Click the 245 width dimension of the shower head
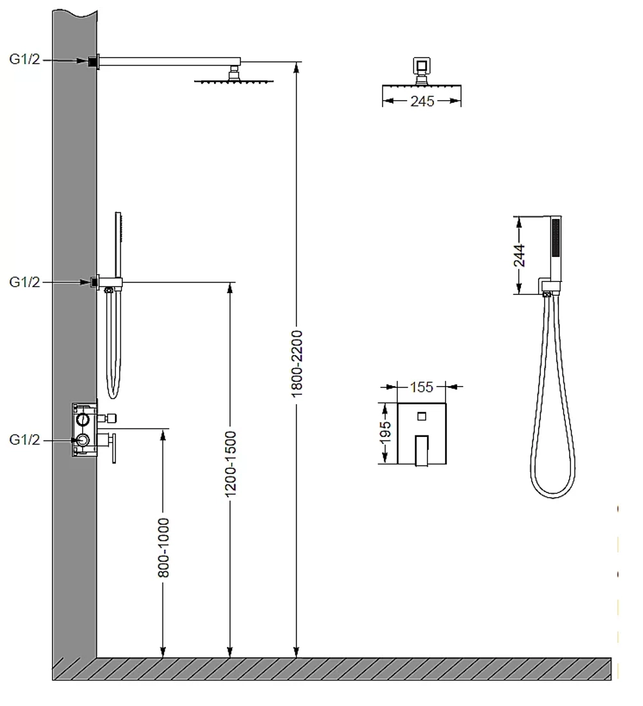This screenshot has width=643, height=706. [422, 101]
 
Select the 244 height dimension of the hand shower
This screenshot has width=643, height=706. [519, 255]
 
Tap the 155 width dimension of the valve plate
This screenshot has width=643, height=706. [421, 387]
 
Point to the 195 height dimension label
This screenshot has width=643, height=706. [385, 433]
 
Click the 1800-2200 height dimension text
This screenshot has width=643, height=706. [296, 364]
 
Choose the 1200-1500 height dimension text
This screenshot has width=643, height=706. [230, 464]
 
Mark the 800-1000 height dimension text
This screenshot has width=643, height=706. [163, 547]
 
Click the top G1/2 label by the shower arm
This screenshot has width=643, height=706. [24, 59]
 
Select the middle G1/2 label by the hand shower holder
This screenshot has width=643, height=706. [24, 282]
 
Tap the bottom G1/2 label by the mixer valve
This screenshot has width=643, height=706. [24, 439]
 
